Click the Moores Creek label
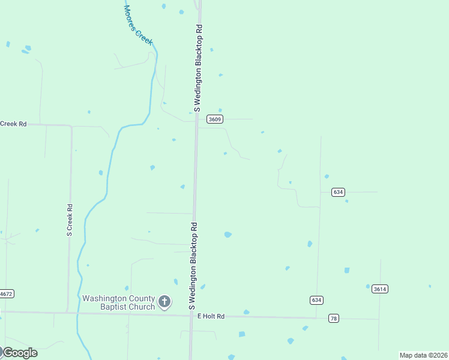139,26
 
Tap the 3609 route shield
215,119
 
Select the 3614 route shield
379,289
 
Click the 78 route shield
334,318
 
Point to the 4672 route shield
6,294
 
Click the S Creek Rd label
70,220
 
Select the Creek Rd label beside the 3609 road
13,124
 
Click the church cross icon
165,302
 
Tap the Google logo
19,353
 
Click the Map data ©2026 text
423,355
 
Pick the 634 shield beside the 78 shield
316,299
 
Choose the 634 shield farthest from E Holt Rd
338,192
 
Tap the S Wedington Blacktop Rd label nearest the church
194,266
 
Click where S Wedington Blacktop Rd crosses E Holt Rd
191,315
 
